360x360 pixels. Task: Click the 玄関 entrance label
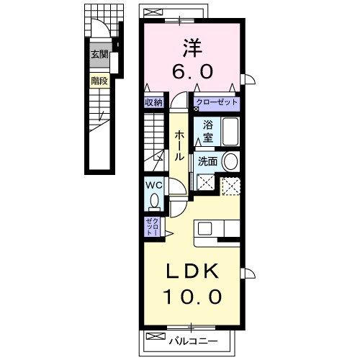point(99,55)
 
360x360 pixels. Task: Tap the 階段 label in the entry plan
point(99,81)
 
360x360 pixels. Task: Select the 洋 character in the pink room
point(190,47)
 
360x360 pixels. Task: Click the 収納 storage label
point(153,103)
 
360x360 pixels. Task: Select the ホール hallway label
point(177,143)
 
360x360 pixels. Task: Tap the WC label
point(154,185)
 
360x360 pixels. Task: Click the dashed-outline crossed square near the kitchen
point(230,185)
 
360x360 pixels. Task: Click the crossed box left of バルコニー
point(153,336)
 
